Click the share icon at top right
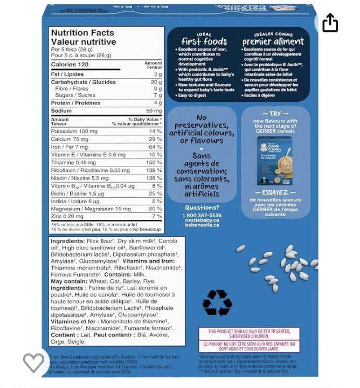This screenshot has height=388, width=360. (x=330, y=23)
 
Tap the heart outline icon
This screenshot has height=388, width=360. (x=33, y=362)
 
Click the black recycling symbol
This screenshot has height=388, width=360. (x=217, y=302)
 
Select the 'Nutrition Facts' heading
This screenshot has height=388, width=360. (x=82, y=33)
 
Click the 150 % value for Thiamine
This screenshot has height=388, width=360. (x=154, y=162)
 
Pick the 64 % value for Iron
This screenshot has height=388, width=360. (x=155, y=147)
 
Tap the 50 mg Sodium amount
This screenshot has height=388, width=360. (x=154, y=110)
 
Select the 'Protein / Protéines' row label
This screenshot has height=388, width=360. (x=75, y=103)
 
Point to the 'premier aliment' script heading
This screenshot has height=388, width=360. (x=273, y=41)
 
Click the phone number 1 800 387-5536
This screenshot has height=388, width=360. (x=202, y=215)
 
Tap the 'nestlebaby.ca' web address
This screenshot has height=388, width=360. (x=202, y=220)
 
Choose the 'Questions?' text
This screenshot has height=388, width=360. (x=202, y=207)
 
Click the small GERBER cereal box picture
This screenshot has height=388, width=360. (x=275, y=161)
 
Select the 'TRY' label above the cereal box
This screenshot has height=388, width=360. (x=275, y=114)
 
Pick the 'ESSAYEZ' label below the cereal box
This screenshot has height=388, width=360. (x=275, y=192)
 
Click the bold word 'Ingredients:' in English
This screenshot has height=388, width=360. (x=67, y=241)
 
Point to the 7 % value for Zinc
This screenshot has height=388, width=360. (x=156, y=216)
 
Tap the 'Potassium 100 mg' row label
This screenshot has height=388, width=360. (x=74, y=131)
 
